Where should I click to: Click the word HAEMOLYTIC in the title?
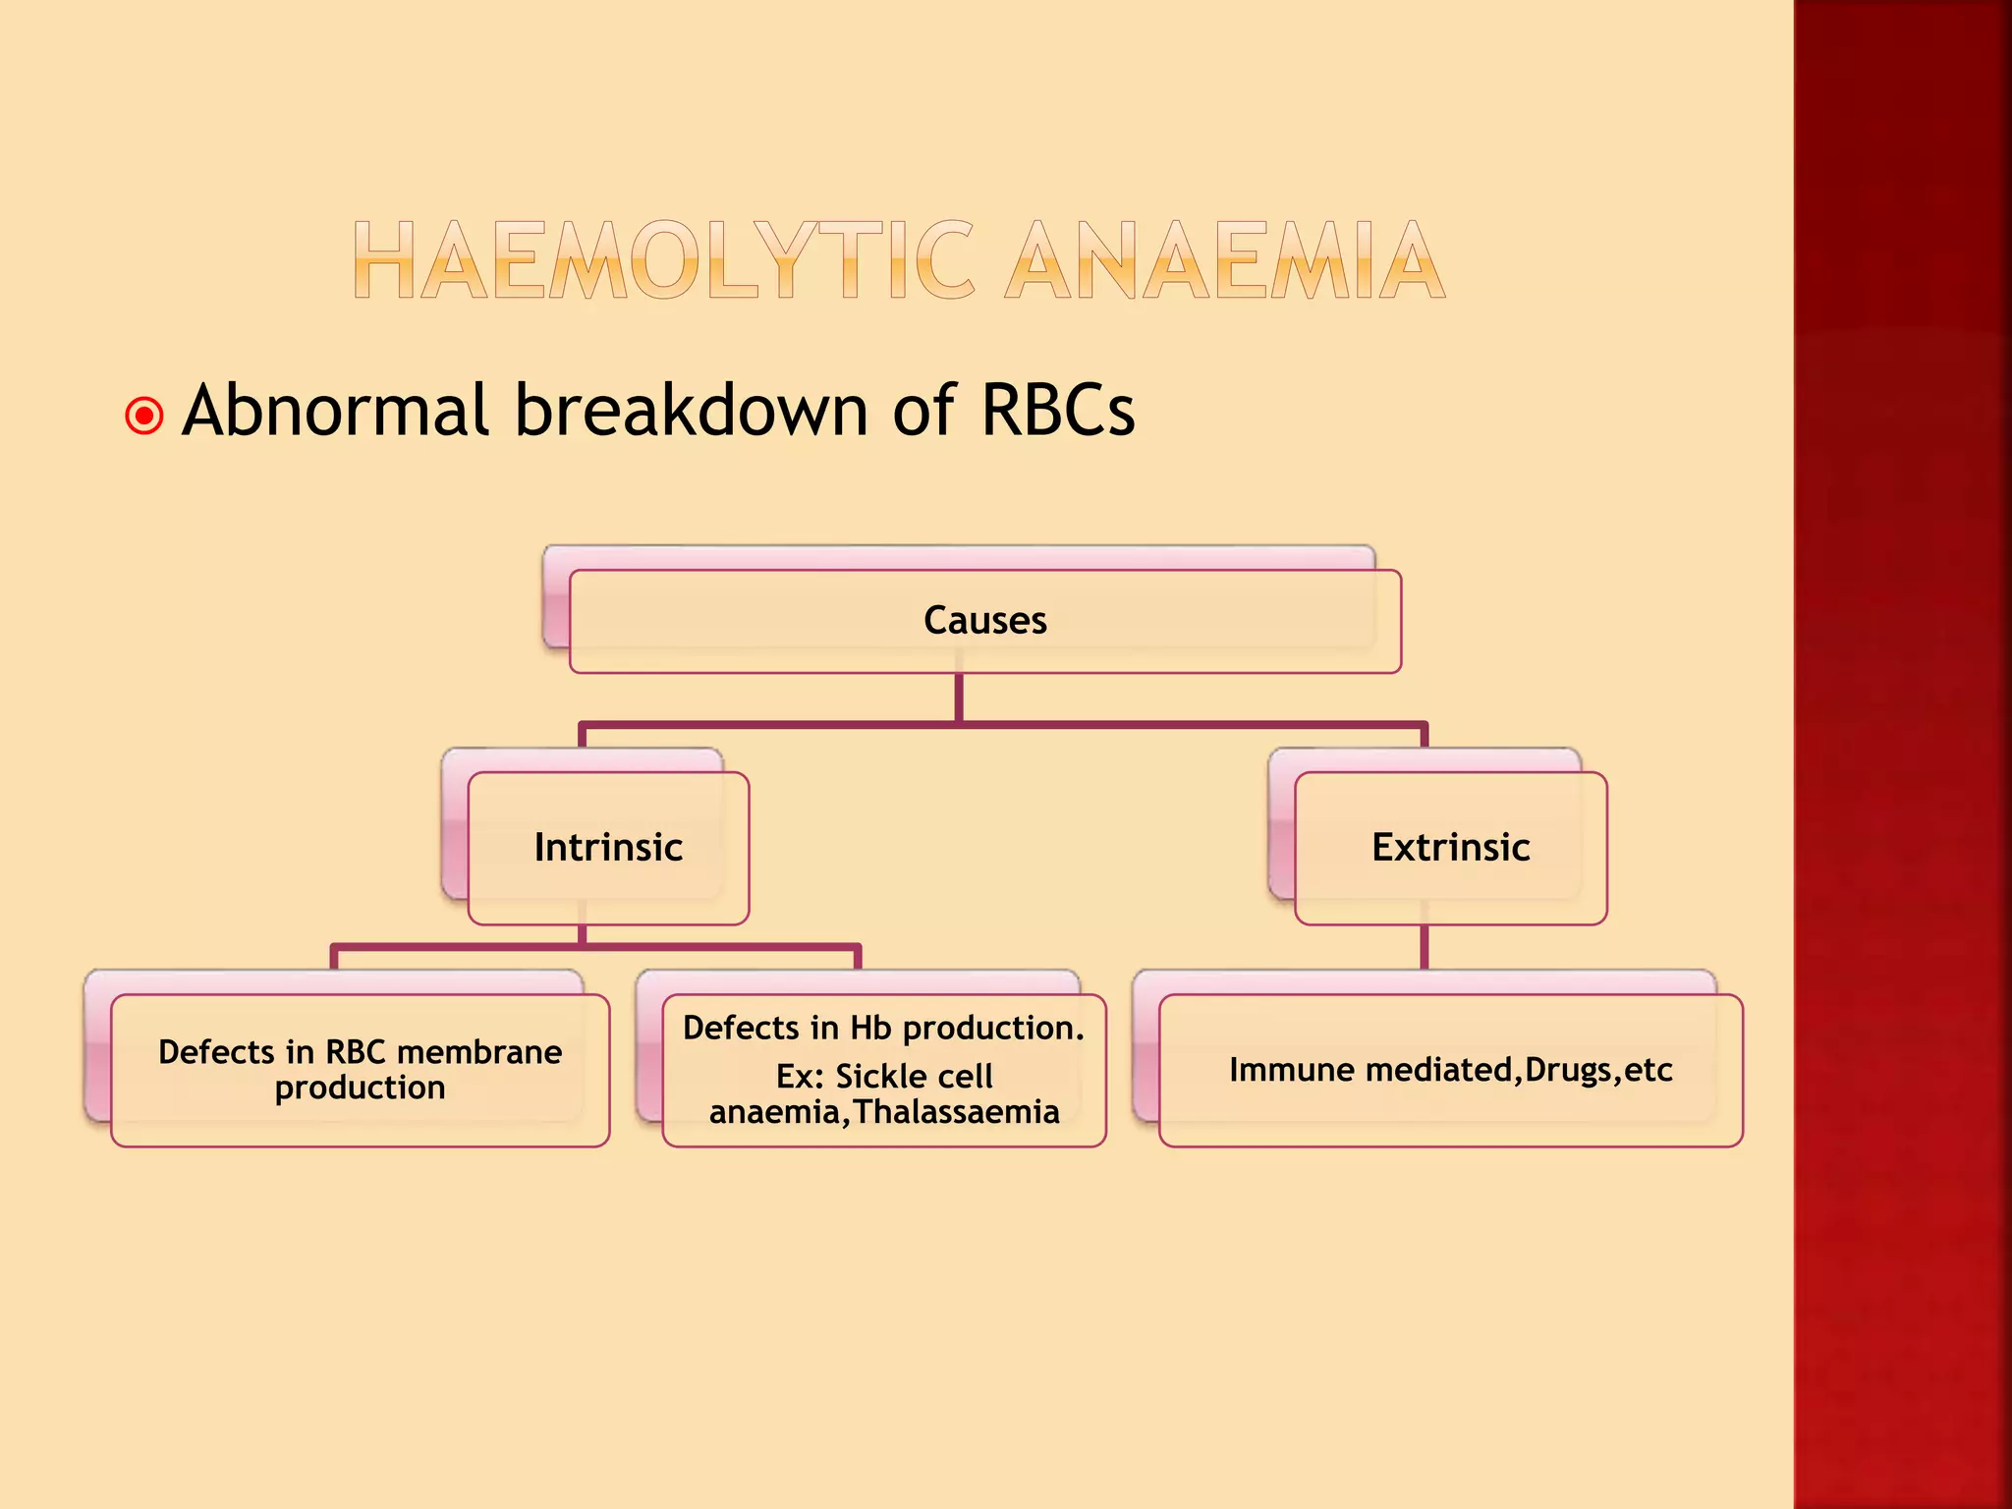click(664, 260)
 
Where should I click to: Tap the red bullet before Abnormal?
click(144, 416)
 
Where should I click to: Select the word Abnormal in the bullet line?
click(335, 411)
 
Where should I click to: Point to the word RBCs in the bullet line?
click(1057, 411)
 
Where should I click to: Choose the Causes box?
click(984, 621)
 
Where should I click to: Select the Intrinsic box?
click(608, 848)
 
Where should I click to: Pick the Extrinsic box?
click(1450, 848)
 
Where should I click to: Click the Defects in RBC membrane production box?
click(360, 1070)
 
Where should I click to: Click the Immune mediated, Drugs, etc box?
click(1450, 1070)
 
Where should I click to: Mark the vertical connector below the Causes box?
click(959, 698)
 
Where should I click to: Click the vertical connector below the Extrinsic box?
click(1424, 947)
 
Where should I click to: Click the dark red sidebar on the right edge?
click(1902, 754)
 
